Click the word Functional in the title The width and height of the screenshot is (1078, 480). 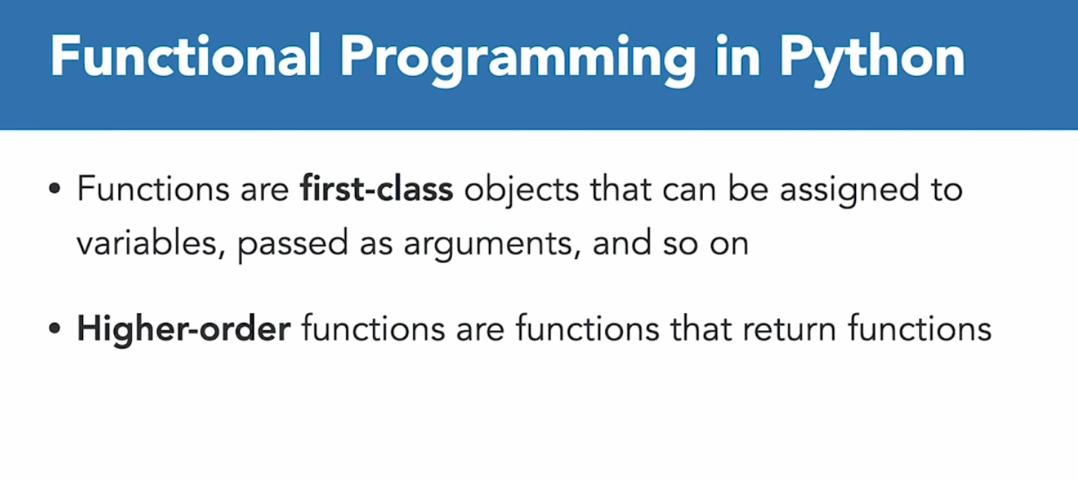click(185, 55)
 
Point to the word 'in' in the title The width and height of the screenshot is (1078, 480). click(738, 55)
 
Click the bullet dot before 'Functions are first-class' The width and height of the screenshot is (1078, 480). click(55, 188)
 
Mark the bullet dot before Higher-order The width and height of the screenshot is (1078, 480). click(55, 328)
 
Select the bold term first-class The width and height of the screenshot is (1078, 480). click(377, 188)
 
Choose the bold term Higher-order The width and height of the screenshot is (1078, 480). click(183, 329)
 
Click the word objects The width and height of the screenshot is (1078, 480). click(522, 191)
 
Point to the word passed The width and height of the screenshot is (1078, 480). click(292, 246)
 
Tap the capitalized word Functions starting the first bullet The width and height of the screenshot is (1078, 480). click(153, 188)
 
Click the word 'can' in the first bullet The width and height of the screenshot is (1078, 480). click(690, 192)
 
